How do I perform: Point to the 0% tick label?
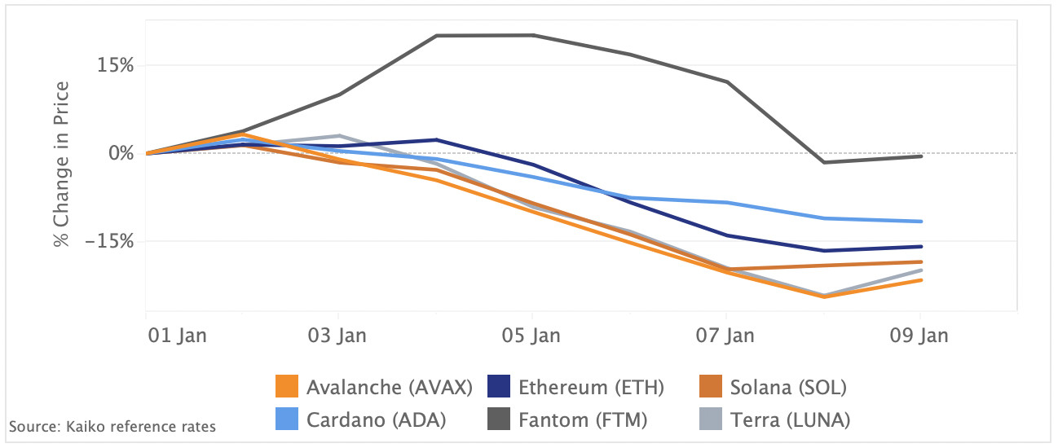coord(121,153)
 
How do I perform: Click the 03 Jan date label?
coord(338,336)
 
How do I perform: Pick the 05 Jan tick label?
coord(531,336)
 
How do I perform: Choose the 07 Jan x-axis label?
coord(725,336)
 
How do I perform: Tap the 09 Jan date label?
coord(919,336)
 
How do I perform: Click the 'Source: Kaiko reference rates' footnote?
coord(112,426)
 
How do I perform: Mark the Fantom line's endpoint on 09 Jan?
coord(920,156)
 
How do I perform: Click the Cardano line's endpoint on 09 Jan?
coord(920,222)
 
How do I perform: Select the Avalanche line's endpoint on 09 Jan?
coord(920,280)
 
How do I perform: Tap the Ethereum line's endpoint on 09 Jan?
coord(920,246)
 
